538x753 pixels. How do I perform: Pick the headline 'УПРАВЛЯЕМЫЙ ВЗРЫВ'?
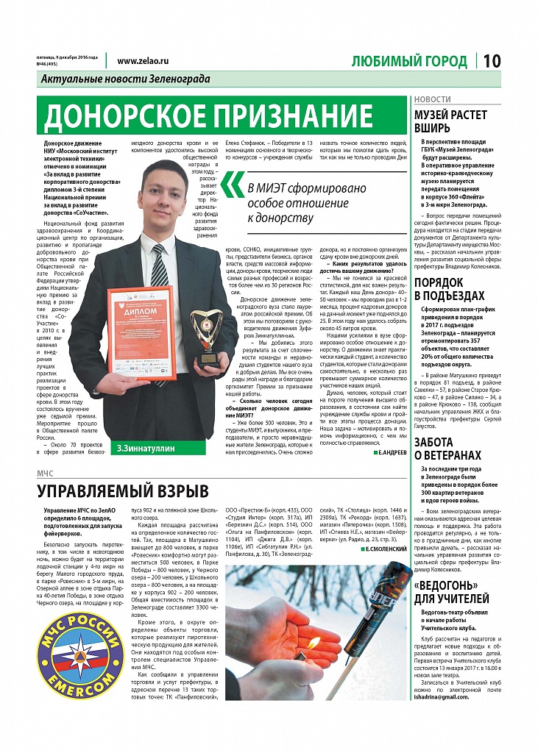coord(123,491)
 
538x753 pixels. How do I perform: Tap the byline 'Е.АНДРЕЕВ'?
coord(383,453)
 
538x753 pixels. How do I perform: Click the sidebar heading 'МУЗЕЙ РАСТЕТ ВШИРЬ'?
coord(451,121)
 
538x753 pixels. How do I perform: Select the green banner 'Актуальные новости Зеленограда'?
coord(126,79)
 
